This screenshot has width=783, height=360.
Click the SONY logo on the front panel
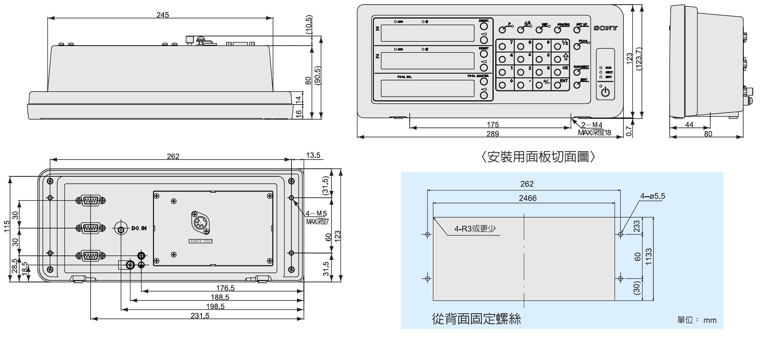(606, 28)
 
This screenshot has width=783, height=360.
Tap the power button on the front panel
(606, 92)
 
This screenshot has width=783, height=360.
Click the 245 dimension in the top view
(162, 15)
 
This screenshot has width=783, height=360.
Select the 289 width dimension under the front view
(492, 134)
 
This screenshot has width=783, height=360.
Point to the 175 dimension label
(492, 124)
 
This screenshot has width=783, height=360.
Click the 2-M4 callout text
(592, 125)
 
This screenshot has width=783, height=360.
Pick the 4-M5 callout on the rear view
(316, 213)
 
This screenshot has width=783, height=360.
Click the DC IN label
(139, 229)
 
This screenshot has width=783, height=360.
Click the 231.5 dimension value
(200, 315)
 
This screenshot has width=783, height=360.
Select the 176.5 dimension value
(225, 288)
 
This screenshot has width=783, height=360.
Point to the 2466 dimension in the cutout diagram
(527, 198)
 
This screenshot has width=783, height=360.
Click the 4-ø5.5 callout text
(652, 196)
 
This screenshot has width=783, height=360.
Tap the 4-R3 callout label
(474, 229)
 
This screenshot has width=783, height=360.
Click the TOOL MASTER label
(478, 76)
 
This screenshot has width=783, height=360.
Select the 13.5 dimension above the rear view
(313, 155)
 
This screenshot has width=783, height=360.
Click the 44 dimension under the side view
(689, 124)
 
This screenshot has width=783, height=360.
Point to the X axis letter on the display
(377, 29)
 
